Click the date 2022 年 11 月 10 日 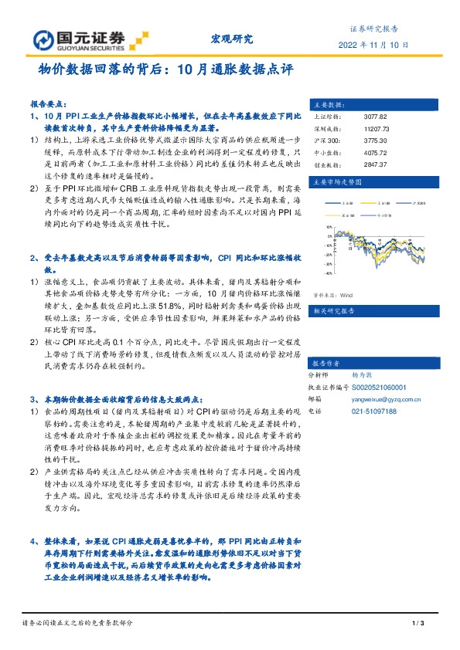(x=369, y=45)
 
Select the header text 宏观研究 (x=232, y=39)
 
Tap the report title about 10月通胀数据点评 (x=166, y=69)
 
